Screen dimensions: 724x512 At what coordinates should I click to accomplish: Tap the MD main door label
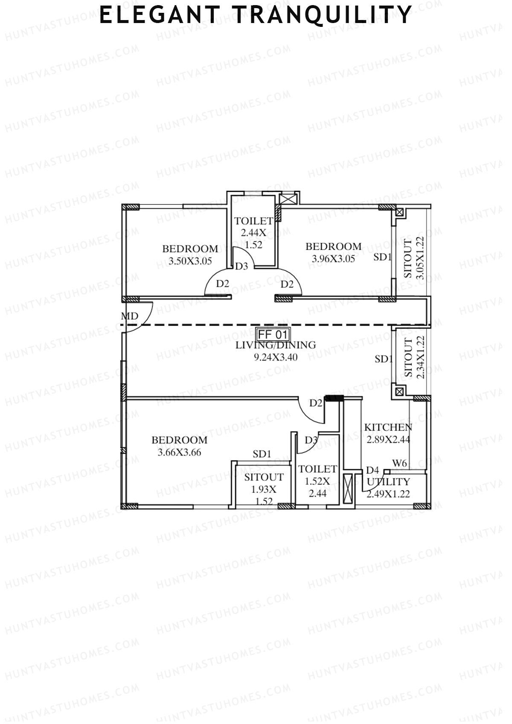point(130,316)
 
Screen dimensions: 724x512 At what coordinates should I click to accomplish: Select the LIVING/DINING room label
point(276,345)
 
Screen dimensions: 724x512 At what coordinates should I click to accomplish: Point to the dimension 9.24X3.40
point(276,357)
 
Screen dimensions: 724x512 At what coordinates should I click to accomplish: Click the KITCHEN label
point(388,427)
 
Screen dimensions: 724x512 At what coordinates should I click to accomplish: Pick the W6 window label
point(399,463)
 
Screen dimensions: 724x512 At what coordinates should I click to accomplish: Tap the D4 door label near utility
point(372,470)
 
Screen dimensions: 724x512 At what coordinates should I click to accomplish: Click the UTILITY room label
point(388,482)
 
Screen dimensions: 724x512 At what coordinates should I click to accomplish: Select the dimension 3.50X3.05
point(190,261)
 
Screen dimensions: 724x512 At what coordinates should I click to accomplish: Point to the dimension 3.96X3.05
point(333,259)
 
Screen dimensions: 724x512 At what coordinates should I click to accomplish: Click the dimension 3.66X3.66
point(179,453)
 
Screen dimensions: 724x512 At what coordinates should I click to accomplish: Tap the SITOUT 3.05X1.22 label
point(414,259)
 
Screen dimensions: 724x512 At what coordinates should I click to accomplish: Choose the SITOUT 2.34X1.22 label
point(414,357)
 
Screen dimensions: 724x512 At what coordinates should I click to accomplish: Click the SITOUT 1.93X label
point(264,483)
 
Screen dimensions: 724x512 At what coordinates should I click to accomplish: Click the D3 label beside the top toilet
point(241,266)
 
